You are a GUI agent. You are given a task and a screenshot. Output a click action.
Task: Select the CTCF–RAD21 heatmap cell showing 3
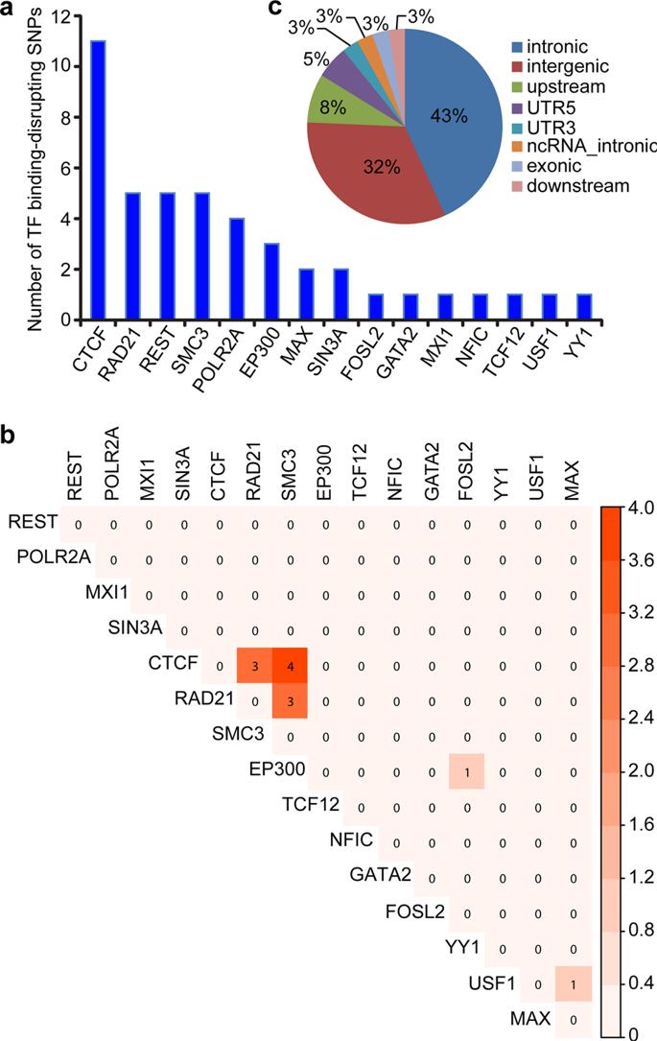click(x=255, y=664)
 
